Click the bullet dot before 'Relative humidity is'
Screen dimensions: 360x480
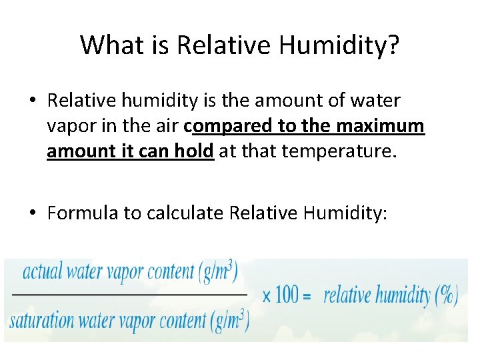click(x=33, y=101)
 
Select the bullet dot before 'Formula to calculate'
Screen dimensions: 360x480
click(x=33, y=213)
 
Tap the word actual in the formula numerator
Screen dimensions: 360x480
click(x=42, y=273)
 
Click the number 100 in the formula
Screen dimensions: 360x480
click(x=287, y=294)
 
